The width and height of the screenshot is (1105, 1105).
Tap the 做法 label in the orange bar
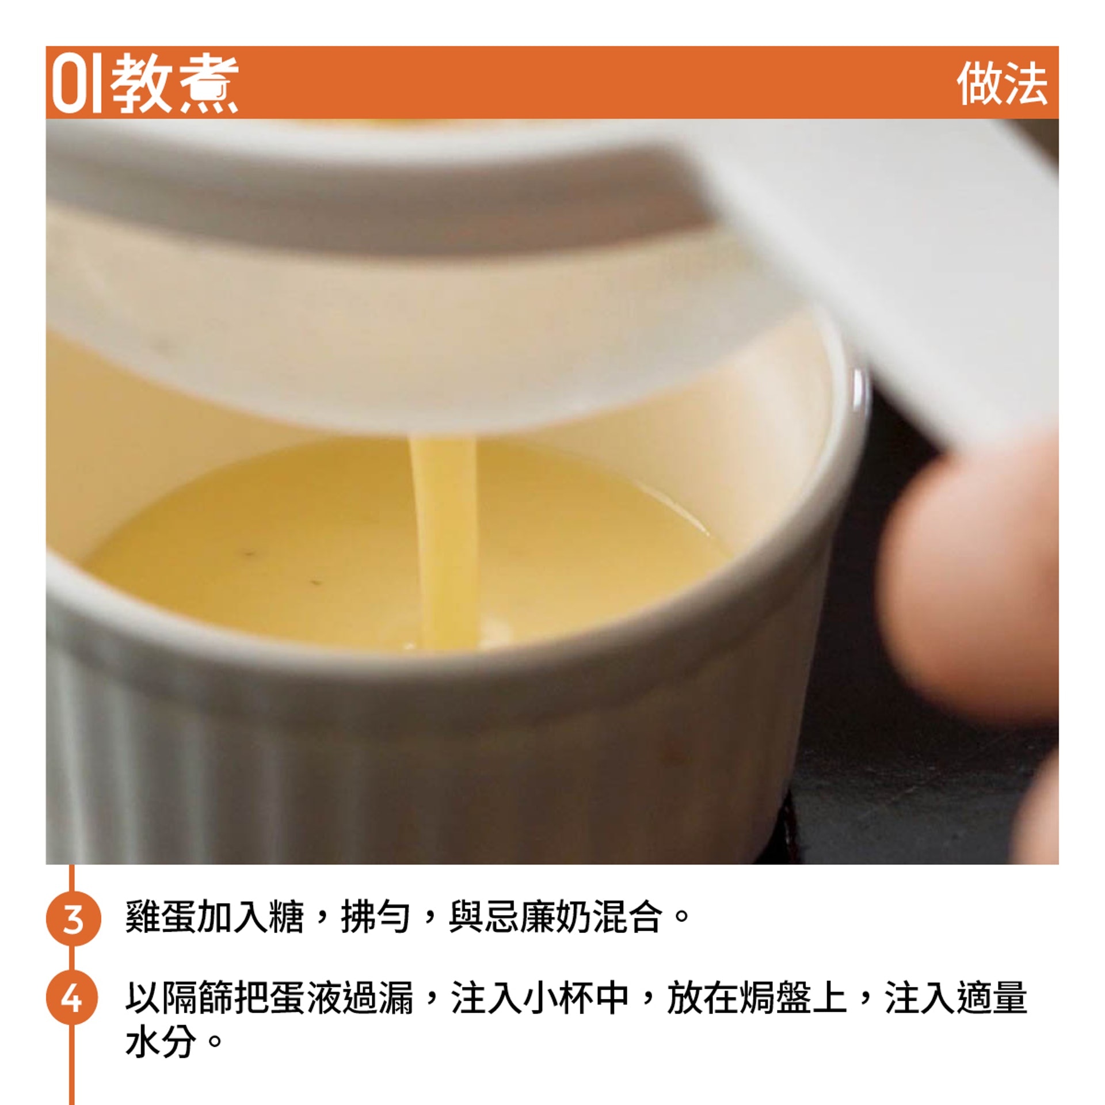point(1002,84)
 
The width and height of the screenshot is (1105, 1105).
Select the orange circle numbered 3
point(73,918)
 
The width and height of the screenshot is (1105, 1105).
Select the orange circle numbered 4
point(72,999)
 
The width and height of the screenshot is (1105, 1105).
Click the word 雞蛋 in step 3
point(161,917)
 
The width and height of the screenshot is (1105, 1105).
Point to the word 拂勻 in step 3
point(376,917)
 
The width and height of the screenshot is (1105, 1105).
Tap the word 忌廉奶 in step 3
point(538,917)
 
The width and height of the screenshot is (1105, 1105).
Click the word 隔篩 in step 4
point(196,999)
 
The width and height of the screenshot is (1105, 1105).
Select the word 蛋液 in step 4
point(304,999)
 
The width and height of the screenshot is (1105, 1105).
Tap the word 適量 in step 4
point(991,999)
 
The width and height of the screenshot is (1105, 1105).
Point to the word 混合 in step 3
point(628,917)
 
